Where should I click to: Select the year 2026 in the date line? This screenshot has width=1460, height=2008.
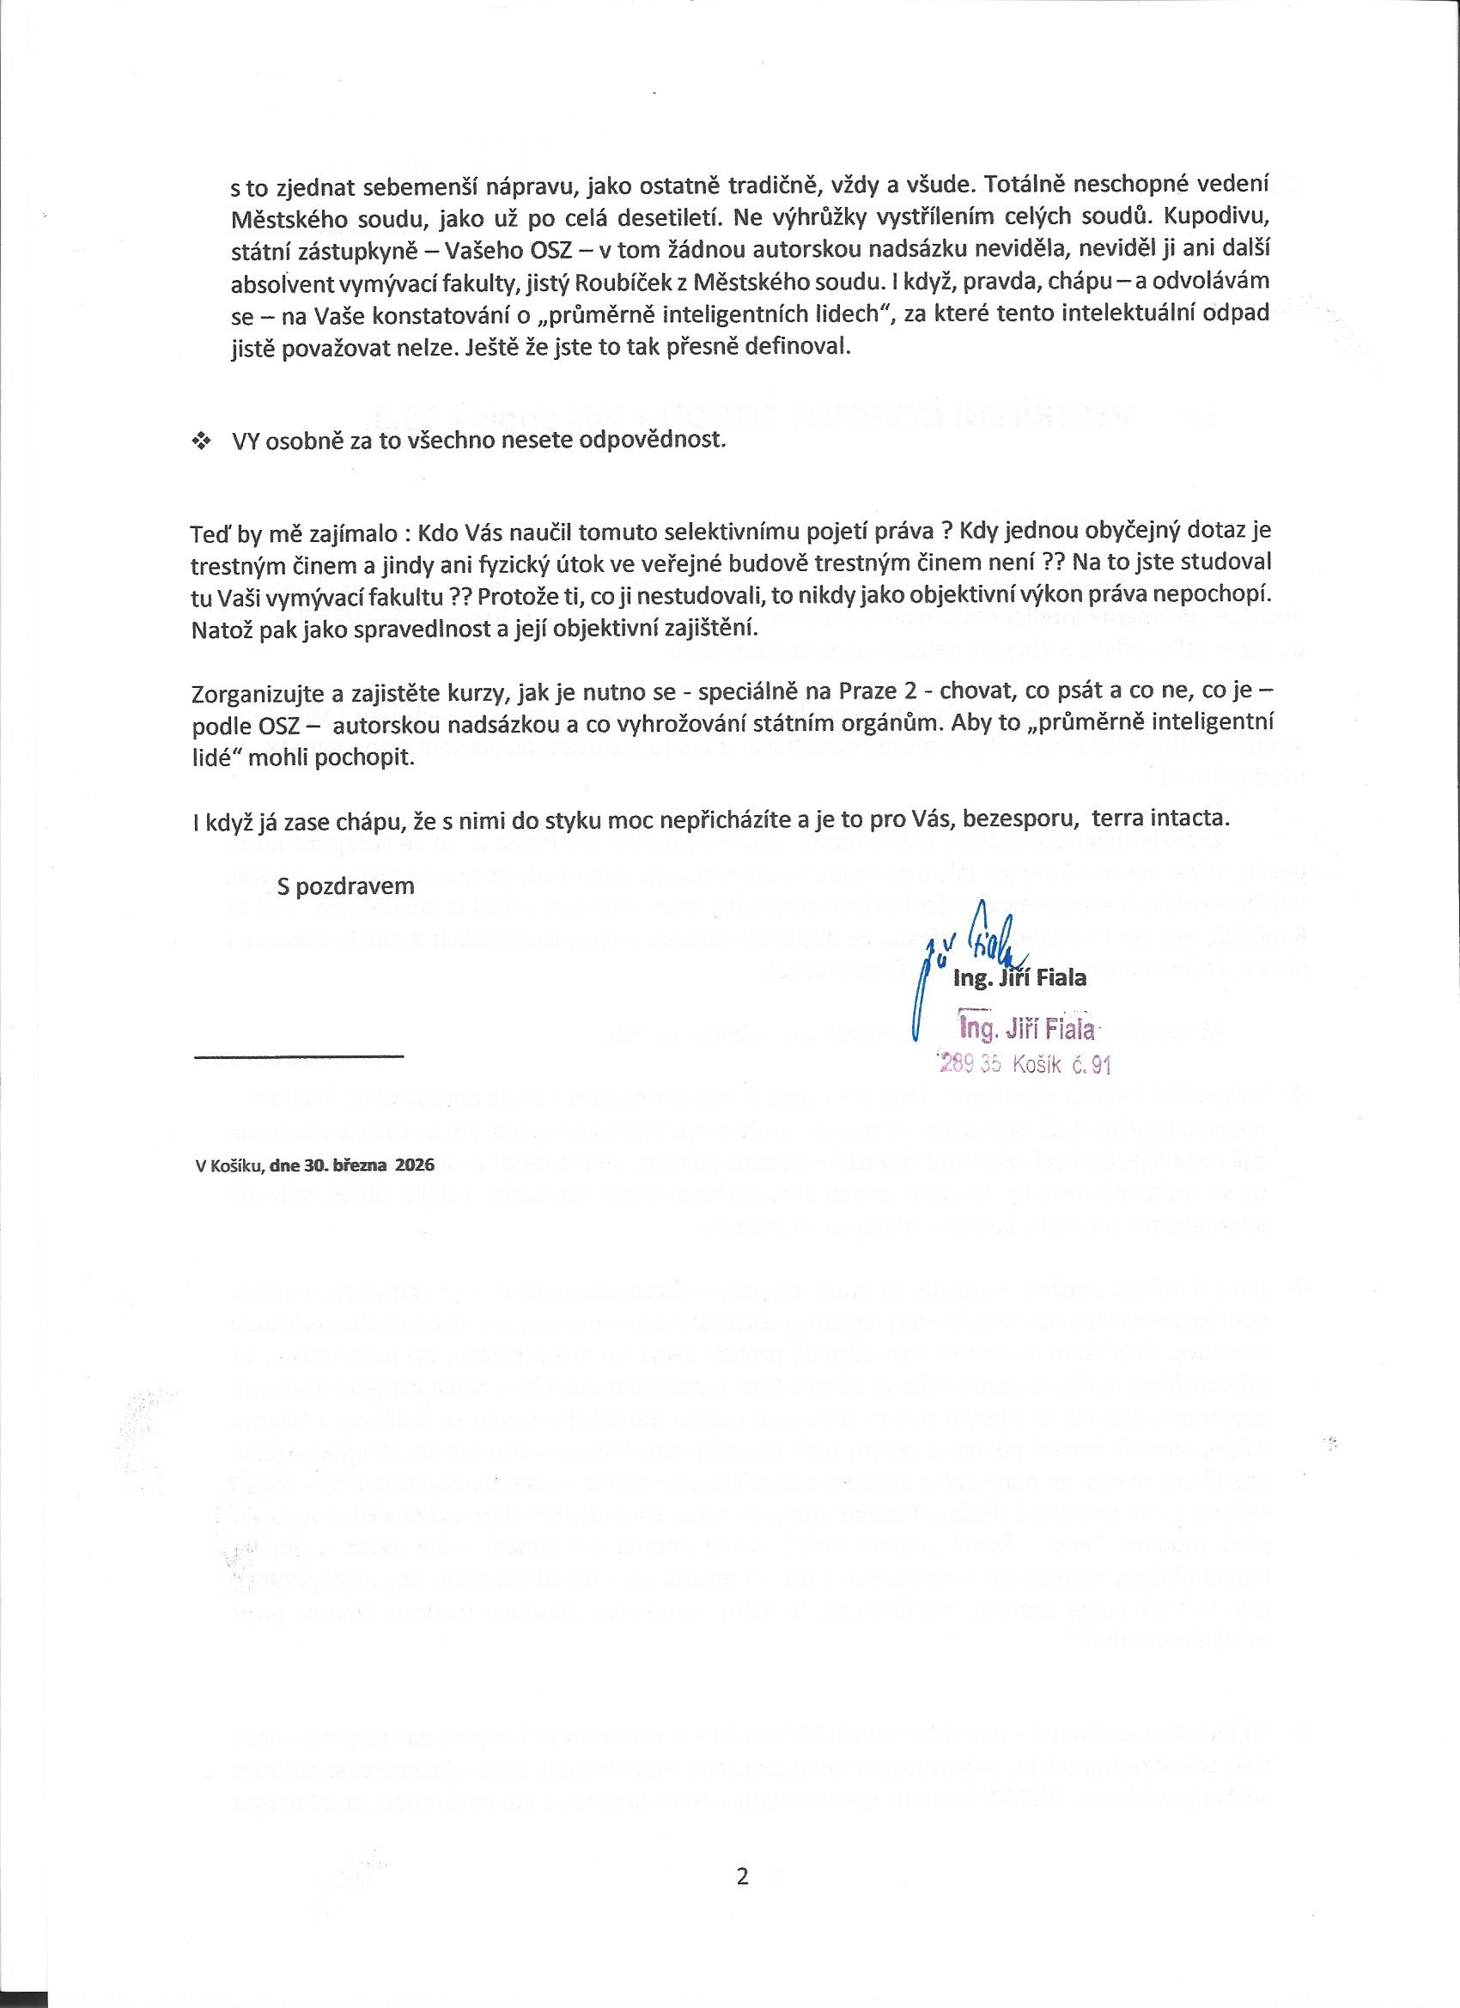point(416,1165)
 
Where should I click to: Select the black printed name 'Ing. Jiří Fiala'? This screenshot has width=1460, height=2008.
point(1019,980)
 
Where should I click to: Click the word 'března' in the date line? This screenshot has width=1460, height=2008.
point(360,1165)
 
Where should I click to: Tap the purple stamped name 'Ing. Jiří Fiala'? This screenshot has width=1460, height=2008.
point(1027,1030)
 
